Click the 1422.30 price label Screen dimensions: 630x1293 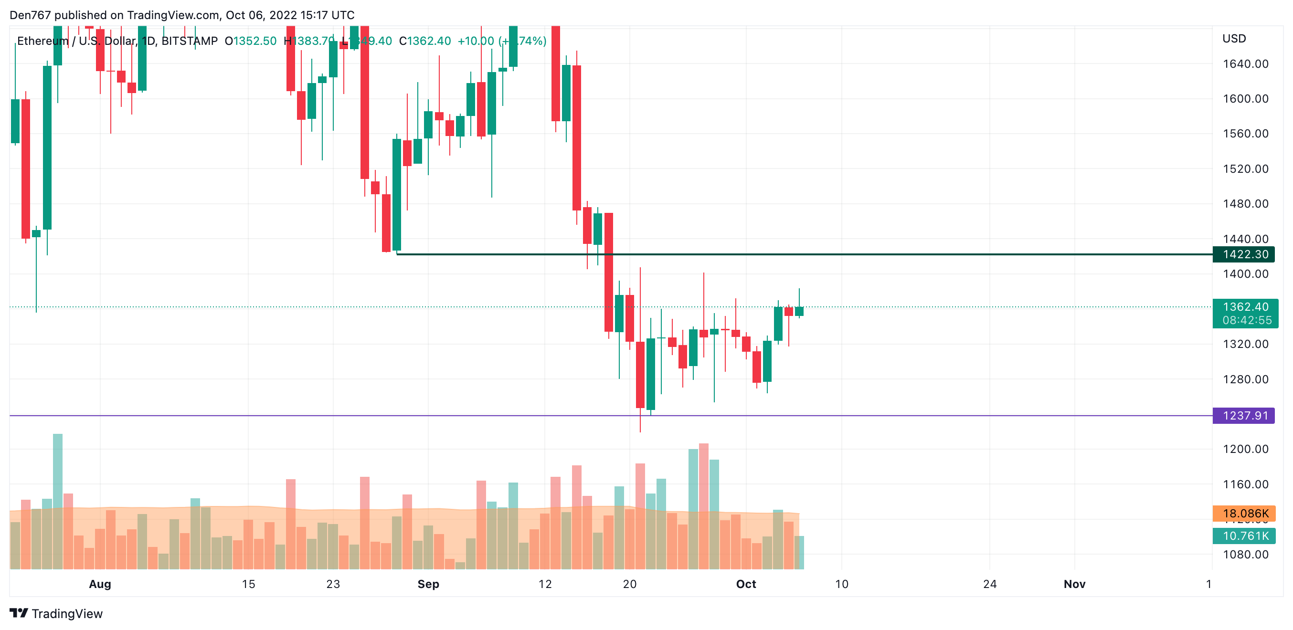coord(1245,254)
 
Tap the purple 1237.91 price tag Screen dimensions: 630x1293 coord(1245,416)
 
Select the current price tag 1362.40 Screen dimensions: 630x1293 coord(1245,307)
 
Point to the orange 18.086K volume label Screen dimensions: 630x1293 coord(1245,513)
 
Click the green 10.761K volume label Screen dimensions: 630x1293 coord(1245,535)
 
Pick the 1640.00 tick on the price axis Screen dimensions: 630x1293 coord(1245,63)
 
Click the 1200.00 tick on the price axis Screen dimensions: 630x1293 coord(1245,449)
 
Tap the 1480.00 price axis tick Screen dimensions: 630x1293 coord(1245,204)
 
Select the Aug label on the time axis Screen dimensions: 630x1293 coord(100,584)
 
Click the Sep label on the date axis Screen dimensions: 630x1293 coord(428,584)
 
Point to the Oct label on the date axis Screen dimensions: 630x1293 coord(746,584)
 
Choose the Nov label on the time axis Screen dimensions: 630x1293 coord(1074,584)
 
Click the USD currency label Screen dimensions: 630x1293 coord(1234,39)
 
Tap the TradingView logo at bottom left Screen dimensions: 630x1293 coord(56,613)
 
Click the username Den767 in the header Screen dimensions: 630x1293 coord(30,15)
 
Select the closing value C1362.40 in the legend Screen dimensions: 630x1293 coord(424,41)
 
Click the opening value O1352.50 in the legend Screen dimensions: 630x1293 coord(251,41)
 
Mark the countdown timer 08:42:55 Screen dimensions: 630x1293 coord(1247,321)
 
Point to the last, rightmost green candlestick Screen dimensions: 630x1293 coord(799,311)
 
